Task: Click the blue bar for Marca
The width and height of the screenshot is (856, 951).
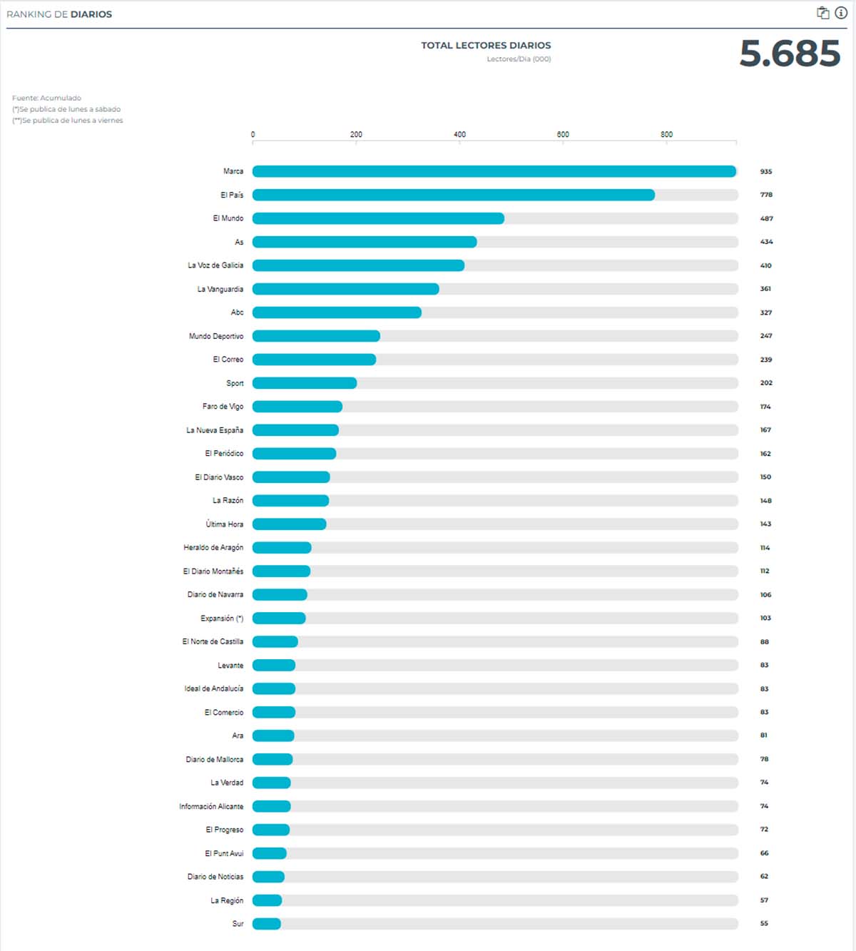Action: [494, 171]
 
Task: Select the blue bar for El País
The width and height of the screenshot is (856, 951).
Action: [453, 195]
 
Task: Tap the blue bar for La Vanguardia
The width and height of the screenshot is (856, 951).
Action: [345, 289]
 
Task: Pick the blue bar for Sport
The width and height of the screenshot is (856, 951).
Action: [305, 383]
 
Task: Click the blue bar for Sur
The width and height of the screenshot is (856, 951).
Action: [267, 924]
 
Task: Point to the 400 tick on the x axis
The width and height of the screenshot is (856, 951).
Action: [459, 135]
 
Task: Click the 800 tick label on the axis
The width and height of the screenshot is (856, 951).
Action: [666, 135]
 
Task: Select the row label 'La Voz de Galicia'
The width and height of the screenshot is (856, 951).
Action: [215, 265]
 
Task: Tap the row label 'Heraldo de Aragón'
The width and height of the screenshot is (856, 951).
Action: [213, 548]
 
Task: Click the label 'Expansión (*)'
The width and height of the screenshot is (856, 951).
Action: [222, 619]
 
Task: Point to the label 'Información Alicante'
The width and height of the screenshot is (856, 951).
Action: [211, 806]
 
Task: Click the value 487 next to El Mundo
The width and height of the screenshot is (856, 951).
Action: [766, 218]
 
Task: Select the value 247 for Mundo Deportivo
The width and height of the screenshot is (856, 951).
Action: [766, 336]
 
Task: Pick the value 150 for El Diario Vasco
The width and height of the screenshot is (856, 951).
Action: [765, 477]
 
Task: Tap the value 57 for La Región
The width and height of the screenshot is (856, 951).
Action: [764, 900]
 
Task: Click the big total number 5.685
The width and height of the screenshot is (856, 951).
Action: [790, 54]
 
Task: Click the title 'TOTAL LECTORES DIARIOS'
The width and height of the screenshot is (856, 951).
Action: [486, 46]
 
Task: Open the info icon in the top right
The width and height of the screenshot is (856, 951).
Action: [841, 13]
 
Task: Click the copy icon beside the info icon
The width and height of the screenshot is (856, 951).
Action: [822, 13]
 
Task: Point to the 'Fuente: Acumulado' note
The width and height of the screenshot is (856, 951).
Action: [46, 98]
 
